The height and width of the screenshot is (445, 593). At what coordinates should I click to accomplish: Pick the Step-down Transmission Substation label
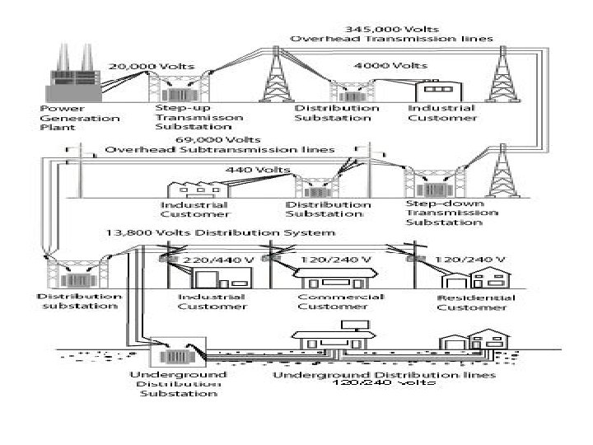click(451, 213)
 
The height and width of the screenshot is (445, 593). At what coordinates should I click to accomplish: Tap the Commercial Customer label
click(340, 302)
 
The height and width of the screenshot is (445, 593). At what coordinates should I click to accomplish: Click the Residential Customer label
click(475, 302)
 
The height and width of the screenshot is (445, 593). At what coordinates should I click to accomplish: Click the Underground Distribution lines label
click(384, 376)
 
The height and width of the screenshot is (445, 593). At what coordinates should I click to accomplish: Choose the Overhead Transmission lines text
click(391, 39)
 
